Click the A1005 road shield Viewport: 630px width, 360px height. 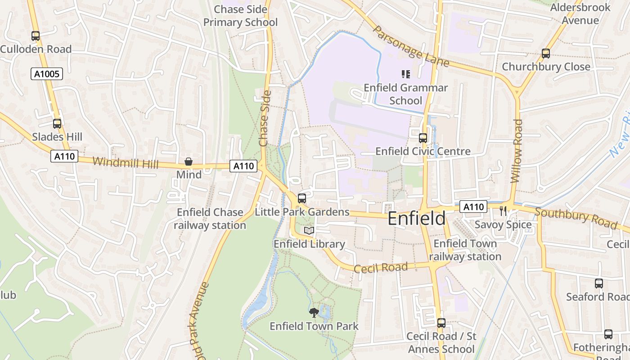[x=46, y=74]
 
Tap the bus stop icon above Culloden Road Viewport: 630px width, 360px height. [x=35, y=36]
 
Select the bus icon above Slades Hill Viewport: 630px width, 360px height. [x=57, y=124]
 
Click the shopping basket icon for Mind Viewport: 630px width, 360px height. [x=189, y=162]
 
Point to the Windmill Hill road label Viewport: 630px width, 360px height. [x=126, y=162]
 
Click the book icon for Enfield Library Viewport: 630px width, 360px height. [x=309, y=231]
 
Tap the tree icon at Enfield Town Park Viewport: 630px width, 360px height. [x=314, y=312]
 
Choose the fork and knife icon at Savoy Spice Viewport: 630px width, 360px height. [x=503, y=211]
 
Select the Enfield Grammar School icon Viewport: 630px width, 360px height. [x=405, y=74]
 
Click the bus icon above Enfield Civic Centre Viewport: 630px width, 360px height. [x=423, y=138]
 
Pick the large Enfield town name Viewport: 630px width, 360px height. [x=416, y=219]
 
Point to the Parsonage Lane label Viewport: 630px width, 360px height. [x=411, y=46]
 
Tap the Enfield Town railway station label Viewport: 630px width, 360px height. [x=465, y=250]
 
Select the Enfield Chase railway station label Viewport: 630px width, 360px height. [x=210, y=219]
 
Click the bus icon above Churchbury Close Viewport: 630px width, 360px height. [x=545, y=54]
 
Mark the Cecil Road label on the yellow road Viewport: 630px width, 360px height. [x=381, y=268]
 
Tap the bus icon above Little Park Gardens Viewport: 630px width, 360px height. [x=302, y=198]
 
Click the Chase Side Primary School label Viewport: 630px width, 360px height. [x=240, y=16]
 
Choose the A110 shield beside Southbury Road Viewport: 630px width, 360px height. [x=473, y=207]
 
